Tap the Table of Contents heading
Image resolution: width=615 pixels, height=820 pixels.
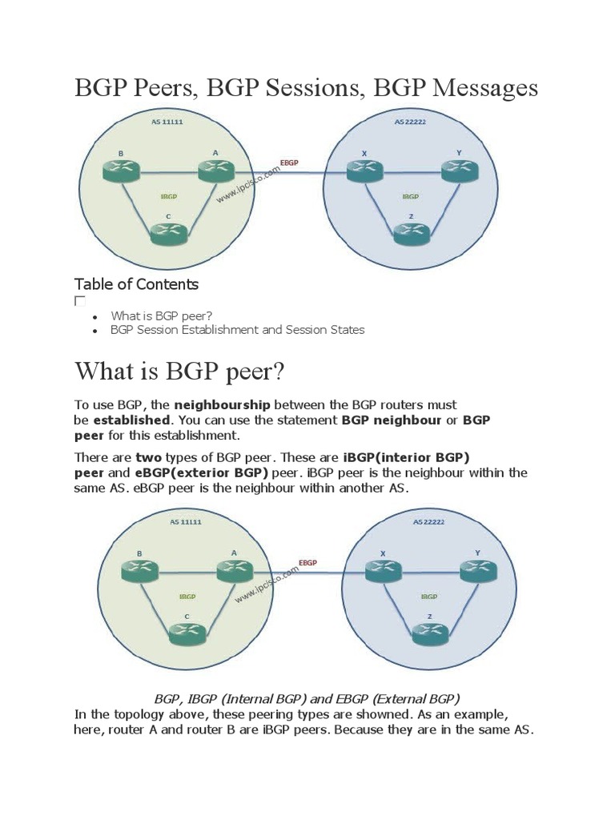pos(136,284)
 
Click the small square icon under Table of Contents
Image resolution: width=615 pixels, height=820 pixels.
pos(79,301)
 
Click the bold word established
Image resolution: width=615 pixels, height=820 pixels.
pos(131,420)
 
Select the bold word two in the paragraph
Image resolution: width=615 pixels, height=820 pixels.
pos(148,457)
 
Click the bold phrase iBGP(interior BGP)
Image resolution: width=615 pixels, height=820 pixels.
pos(406,457)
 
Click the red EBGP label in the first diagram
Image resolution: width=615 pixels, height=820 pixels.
pos(289,163)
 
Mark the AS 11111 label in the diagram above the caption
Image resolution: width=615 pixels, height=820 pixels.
pos(186,522)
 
